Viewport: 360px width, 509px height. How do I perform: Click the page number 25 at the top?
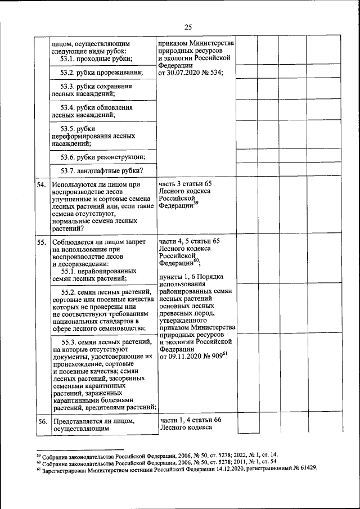(188, 26)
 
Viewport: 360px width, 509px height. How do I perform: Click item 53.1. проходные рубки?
(96, 59)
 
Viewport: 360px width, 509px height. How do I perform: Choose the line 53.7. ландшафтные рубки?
(101, 171)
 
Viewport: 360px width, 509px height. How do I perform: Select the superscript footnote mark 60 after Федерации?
(196, 260)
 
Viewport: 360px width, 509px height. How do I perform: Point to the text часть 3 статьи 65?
(186, 184)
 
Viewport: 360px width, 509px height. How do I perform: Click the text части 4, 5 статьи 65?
(189, 241)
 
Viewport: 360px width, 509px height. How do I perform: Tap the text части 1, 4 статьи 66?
(189, 420)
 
